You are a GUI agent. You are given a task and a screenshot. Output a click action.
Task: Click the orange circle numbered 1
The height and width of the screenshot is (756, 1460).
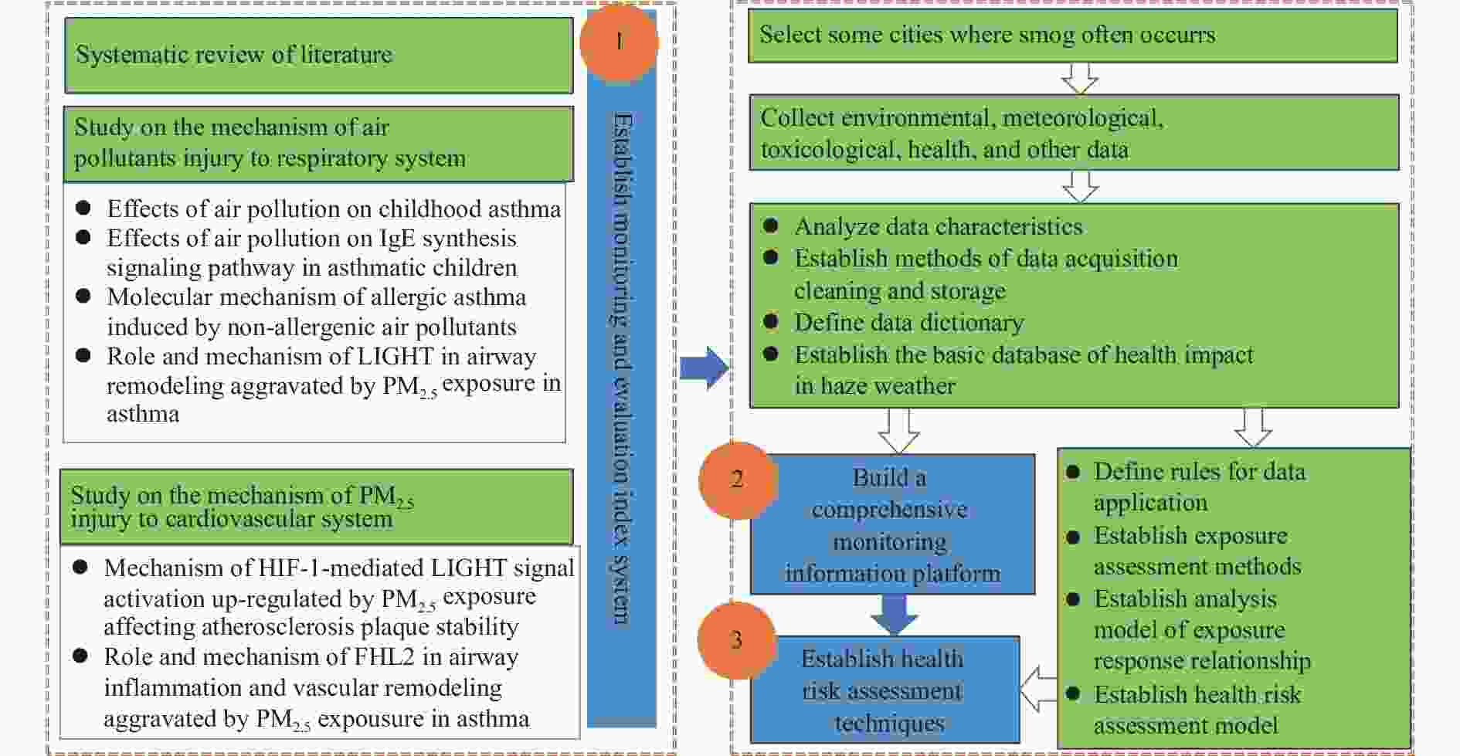pos(618,42)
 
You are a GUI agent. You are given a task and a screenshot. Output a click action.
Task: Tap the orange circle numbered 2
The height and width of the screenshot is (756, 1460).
pos(737,480)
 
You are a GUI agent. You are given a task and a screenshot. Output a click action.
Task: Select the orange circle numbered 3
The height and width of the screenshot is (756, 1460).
pos(736,640)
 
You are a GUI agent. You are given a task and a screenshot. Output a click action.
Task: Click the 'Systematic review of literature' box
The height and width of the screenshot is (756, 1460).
pos(318,55)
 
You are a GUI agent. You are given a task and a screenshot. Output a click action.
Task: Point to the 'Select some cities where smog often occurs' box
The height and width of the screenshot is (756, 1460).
pos(1072,36)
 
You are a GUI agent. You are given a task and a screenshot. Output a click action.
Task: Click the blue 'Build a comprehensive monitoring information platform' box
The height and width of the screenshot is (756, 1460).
pos(892,525)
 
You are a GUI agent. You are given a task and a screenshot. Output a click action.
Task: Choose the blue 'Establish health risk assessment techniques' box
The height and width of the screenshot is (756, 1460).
pos(884,690)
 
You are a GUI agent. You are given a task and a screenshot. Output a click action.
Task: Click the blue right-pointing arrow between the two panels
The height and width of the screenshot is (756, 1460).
pos(704,368)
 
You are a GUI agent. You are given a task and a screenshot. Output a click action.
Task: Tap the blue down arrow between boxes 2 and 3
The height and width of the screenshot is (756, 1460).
pos(894,614)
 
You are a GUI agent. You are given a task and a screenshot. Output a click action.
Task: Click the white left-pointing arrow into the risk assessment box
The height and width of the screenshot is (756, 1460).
pos(1037,689)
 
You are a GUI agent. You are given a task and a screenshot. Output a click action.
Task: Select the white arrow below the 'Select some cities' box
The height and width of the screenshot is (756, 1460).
pos(1080,78)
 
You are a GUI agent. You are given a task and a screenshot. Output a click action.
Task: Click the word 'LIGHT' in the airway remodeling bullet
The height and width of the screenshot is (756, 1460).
pos(396,357)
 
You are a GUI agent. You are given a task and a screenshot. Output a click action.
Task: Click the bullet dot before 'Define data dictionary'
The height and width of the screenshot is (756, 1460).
pos(770,321)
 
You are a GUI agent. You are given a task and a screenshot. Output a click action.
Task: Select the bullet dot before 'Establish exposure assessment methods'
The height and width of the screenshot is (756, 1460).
pos(1073,536)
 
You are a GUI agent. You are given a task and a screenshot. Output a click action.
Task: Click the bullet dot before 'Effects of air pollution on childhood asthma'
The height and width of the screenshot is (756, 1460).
pos(83,208)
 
